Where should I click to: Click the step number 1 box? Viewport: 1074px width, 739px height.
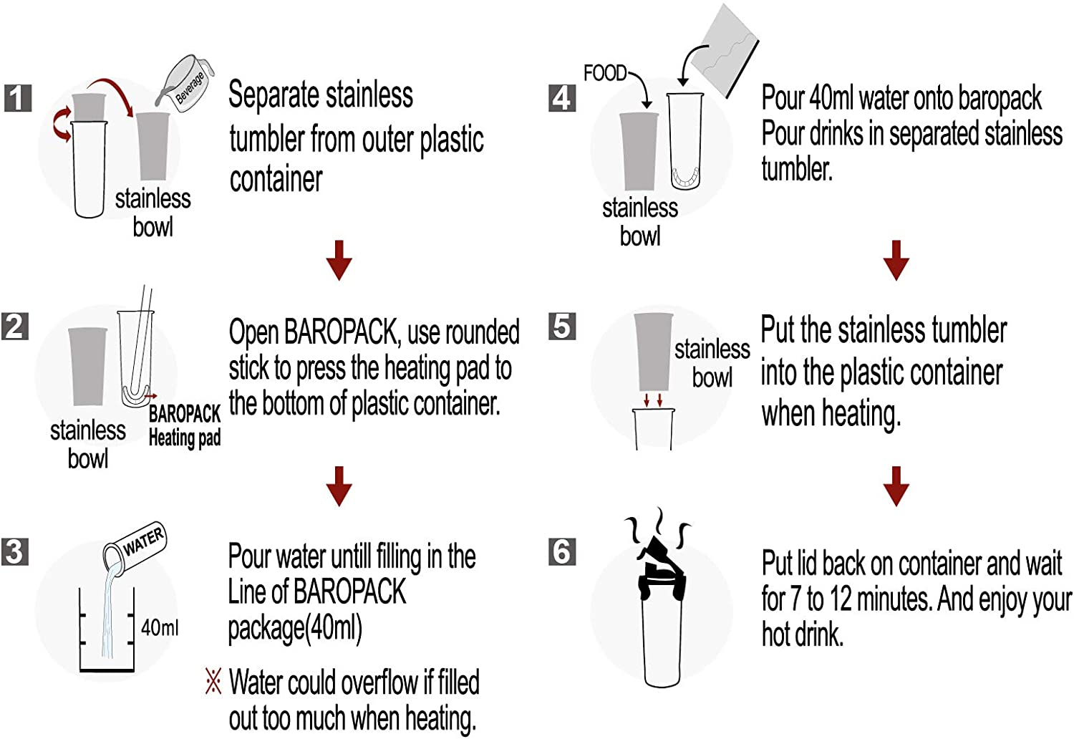point(18,98)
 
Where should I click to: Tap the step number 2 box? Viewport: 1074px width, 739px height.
point(15,327)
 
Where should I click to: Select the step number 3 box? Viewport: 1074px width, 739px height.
point(15,551)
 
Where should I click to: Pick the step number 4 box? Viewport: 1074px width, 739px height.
point(562,98)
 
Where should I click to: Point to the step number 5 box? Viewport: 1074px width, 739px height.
point(562,327)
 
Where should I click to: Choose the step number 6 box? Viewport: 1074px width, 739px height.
point(562,551)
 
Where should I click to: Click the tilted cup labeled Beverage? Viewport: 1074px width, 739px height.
point(185,84)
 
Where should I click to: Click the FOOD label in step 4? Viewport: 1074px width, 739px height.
point(605,73)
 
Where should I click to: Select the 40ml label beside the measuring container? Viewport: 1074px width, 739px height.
point(159,627)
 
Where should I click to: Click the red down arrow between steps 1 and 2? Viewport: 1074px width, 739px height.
point(339,261)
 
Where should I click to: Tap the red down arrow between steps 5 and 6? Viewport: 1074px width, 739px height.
point(896,486)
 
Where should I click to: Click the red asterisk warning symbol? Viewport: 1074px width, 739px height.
point(213,682)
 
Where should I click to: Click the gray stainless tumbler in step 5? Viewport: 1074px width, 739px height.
point(653,352)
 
